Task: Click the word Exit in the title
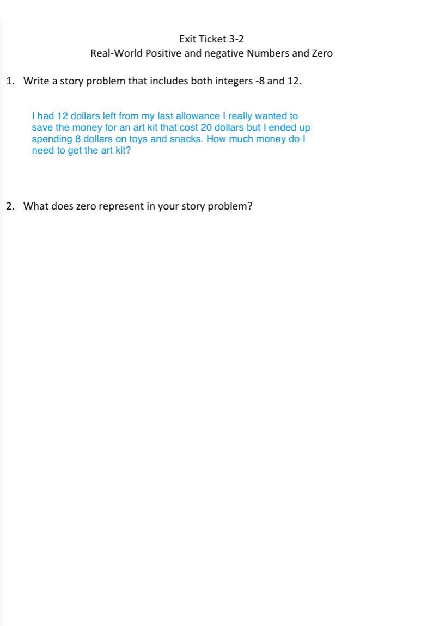pos(187,39)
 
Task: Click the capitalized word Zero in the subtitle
pos(322,53)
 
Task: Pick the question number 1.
pos(10,81)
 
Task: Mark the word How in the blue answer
pos(216,139)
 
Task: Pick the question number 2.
pos(10,206)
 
